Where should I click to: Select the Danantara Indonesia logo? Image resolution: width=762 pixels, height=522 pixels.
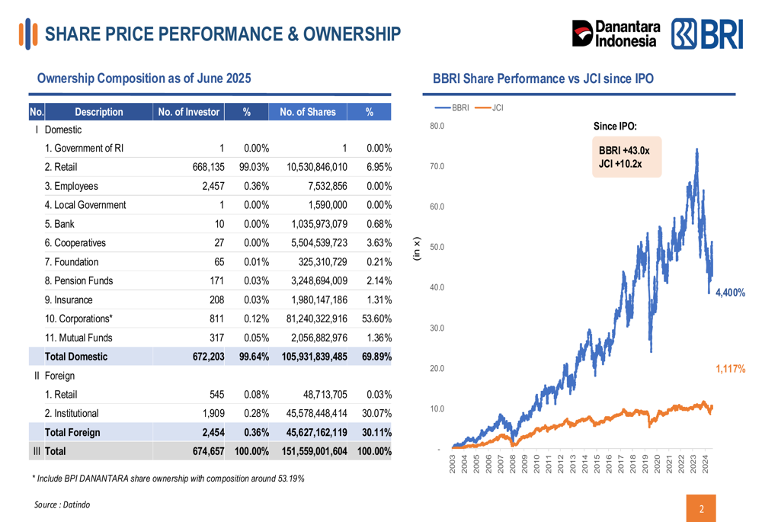pos(616,35)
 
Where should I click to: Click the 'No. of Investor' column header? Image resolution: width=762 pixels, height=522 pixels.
pos(188,112)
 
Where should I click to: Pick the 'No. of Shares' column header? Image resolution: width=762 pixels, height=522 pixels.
pos(307,112)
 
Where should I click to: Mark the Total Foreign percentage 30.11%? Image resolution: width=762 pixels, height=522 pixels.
pos(376,432)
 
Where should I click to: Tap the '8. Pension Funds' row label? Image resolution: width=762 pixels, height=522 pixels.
pos(78,280)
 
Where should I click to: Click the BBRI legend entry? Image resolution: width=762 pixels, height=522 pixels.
pos(453,107)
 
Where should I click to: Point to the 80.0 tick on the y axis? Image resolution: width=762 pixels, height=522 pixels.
pos(437,126)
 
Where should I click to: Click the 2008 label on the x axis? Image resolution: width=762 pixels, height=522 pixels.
pos(513,465)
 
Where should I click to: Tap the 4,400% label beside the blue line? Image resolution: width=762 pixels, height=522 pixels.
pos(730,293)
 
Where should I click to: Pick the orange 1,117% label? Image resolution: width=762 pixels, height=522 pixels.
pos(730,369)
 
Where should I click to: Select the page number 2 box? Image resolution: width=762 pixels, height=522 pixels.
pos(701,508)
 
